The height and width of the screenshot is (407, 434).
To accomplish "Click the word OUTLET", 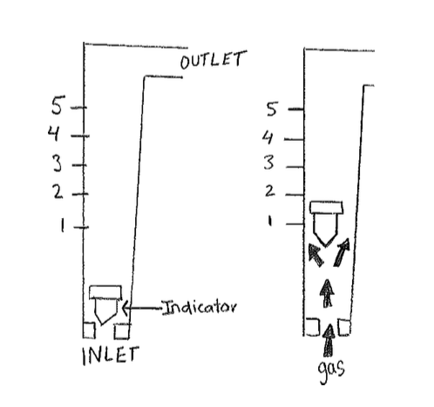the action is coord(214,60).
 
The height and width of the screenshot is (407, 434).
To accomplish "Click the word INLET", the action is coord(111,355).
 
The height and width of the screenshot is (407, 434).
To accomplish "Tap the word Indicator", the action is coord(200,307).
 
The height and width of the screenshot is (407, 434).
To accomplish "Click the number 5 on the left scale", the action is coord(58,104).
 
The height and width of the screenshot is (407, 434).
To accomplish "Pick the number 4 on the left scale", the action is coord(54,134).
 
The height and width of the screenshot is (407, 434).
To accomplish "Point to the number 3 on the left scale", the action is coord(58,163).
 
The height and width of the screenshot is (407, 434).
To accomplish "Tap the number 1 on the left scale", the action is coord(62,225).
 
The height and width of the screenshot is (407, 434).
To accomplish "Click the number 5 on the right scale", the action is coord(272,109).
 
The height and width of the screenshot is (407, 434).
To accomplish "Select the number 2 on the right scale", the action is coord(269,191).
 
